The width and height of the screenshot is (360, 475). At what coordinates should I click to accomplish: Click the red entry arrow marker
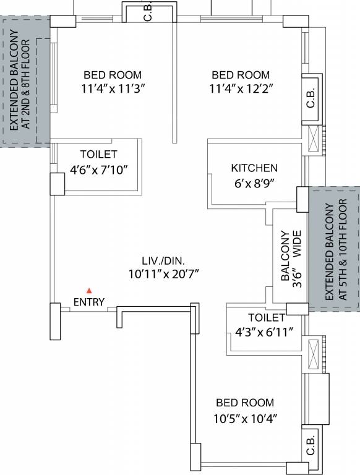tap(89, 290)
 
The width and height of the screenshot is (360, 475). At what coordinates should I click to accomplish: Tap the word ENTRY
tap(89, 302)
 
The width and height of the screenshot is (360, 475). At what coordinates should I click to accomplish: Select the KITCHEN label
tap(254, 168)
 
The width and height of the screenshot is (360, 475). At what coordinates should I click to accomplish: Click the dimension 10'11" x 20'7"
tap(163, 273)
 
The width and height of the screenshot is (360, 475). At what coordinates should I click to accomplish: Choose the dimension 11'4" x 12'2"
tap(241, 88)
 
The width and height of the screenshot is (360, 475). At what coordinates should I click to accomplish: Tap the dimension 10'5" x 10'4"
tap(244, 418)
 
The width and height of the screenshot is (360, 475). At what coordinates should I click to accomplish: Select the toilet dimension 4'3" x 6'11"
tap(264, 330)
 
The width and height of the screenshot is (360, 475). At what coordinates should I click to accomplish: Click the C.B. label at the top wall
tap(148, 12)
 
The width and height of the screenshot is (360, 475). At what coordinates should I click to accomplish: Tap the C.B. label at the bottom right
tap(311, 445)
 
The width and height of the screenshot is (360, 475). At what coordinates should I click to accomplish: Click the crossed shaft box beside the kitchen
tap(314, 139)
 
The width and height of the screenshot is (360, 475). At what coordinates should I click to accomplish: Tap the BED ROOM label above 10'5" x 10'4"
tap(244, 401)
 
